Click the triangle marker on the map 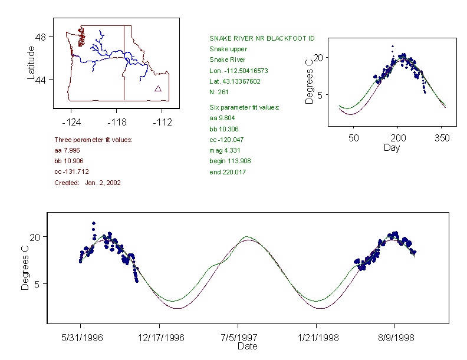pyautogui.click(x=158, y=89)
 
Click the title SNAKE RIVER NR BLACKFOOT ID pyautogui.click(x=262, y=38)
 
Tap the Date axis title pyautogui.click(x=247, y=346)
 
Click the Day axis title pyautogui.click(x=391, y=147)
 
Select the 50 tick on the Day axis pyautogui.click(x=354, y=138)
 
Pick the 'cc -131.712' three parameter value pyautogui.click(x=71, y=171)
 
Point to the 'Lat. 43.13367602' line pyautogui.click(x=235, y=81)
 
